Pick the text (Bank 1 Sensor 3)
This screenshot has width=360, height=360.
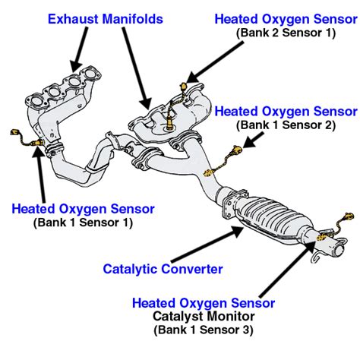point(204,330)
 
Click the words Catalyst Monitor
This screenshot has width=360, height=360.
point(204,316)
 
